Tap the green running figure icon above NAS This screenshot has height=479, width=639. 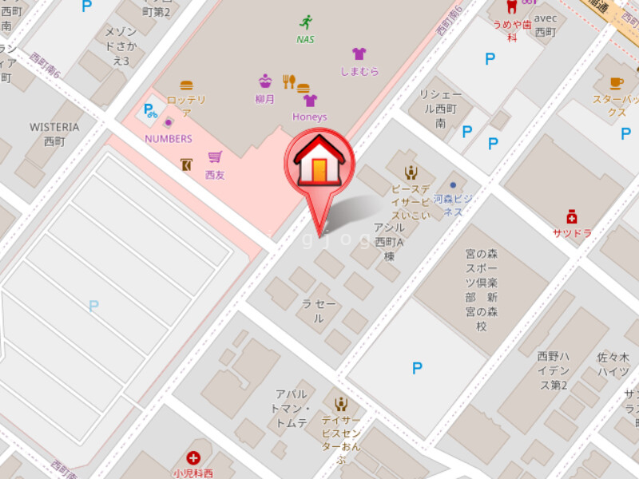point(305,22)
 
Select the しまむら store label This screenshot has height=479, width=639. point(359,71)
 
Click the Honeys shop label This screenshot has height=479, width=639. point(309,117)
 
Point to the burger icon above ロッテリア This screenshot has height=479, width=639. point(186,85)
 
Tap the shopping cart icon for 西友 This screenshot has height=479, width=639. point(214,157)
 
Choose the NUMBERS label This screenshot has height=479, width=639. point(168,138)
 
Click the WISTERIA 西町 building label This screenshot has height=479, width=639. point(54,133)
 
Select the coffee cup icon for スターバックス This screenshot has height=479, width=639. point(616,82)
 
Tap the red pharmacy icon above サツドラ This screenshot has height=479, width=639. point(571,216)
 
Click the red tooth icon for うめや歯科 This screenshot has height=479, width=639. point(512,6)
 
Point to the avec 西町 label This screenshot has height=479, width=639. point(545,25)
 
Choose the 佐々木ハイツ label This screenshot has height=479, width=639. point(613,364)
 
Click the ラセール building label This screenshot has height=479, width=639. point(318,311)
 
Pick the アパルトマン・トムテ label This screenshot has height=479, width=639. point(291,408)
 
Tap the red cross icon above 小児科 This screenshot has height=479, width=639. point(193,457)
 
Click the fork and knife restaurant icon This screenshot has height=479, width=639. point(288,81)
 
